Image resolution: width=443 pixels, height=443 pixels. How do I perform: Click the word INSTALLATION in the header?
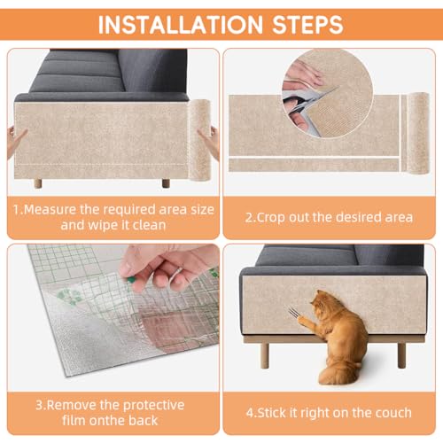(x=180, y=25)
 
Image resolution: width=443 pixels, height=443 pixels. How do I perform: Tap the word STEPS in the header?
(x=307, y=25)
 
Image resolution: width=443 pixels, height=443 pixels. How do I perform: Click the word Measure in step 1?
(x=50, y=209)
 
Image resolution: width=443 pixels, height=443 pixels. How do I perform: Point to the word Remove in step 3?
(x=72, y=405)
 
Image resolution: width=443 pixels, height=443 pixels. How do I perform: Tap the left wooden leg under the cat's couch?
(x=265, y=355)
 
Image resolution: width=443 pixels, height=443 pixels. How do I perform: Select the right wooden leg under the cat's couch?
(x=401, y=355)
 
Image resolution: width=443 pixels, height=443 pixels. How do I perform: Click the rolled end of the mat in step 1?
(x=199, y=140)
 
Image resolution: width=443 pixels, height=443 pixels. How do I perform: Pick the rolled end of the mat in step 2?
(x=417, y=133)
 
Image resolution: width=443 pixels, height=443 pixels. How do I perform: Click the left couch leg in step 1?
(x=38, y=183)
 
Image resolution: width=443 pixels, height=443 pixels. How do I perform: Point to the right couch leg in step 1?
(x=166, y=183)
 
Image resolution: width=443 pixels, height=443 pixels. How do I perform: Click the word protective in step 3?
(x=153, y=405)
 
